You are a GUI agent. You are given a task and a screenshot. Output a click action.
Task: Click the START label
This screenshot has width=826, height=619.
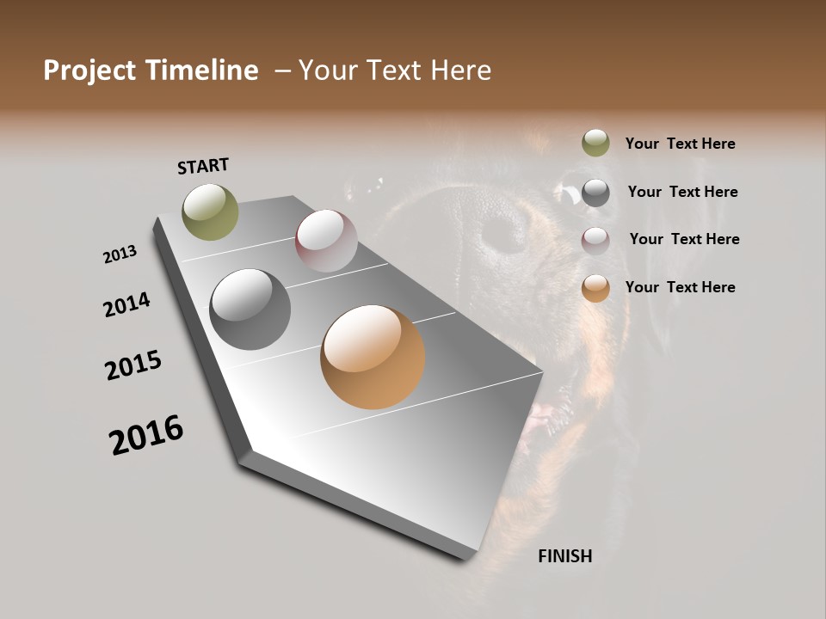pyautogui.click(x=203, y=166)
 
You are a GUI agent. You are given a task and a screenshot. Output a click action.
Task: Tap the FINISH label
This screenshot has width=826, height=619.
pyautogui.click(x=564, y=556)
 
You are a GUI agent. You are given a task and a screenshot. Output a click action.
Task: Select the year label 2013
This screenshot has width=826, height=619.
pyautogui.click(x=120, y=254)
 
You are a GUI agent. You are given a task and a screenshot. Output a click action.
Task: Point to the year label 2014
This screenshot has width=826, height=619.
pyautogui.click(x=126, y=305)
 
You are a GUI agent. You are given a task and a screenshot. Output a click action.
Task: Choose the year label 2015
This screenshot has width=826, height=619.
pyautogui.click(x=133, y=365)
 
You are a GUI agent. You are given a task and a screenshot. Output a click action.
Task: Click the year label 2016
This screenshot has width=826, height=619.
pyautogui.click(x=146, y=435)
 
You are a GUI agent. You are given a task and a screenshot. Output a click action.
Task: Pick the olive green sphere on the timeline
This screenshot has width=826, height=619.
pyautogui.click(x=210, y=211)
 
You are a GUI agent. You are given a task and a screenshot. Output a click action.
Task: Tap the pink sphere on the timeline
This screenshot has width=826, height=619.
pyautogui.click(x=326, y=240)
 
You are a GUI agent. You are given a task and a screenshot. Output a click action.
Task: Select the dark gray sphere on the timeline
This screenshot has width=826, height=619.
pyautogui.click(x=250, y=309)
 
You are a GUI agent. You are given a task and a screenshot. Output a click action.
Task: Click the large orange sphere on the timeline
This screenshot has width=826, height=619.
pyautogui.click(x=373, y=357)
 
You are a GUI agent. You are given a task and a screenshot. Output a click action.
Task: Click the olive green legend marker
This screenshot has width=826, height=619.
pyautogui.click(x=595, y=143)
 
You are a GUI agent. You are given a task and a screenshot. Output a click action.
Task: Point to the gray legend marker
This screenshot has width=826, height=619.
pyautogui.click(x=595, y=193)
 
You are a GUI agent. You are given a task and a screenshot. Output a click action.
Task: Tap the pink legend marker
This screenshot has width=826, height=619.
pyautogui.click(x=595, y=241)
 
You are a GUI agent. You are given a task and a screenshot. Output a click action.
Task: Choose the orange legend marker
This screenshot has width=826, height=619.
pyautogui.click(x=595, y=288)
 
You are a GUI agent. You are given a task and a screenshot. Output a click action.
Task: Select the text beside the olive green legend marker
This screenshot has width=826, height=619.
pyautogui.click(x=680, y=144)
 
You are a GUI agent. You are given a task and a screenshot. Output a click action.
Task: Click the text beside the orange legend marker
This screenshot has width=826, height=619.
pyautogui.click(x=680, y=287)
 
